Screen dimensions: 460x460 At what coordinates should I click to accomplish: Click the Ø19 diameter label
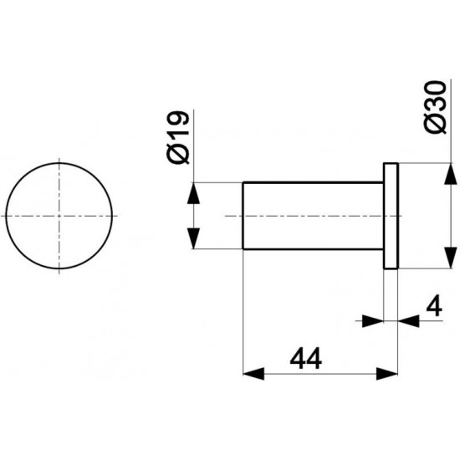tap(181, 139)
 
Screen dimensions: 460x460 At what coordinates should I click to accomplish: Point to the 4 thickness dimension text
tap(433, 307)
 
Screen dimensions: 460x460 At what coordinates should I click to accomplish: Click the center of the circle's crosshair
tap(59, 215)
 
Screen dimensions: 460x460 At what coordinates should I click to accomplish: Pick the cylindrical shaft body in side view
tap(309, 215)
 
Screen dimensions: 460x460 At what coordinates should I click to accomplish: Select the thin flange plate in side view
tap(391, 215)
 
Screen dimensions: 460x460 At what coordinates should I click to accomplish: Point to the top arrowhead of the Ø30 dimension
tap(451, 172)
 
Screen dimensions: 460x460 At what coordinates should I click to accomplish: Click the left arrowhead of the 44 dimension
tap(250, 372)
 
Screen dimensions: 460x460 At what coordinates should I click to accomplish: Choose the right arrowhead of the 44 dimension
tap(390, 372)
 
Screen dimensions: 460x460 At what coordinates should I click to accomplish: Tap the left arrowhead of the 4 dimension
tap(377, 319)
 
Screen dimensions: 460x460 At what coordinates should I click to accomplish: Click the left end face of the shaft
tap(243, 215)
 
